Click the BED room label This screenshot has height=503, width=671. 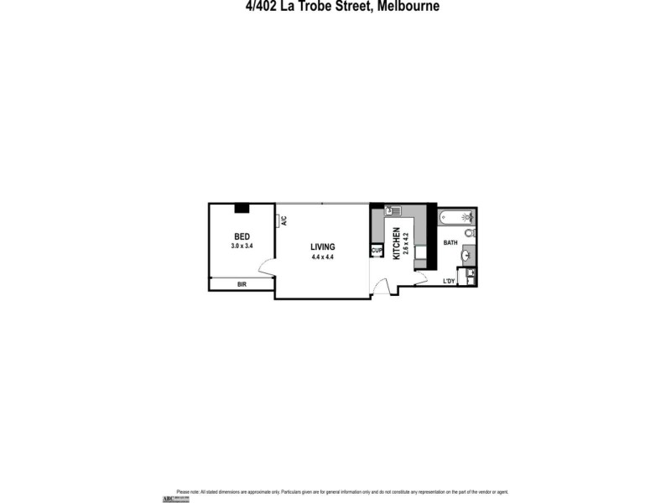tap(242, 236)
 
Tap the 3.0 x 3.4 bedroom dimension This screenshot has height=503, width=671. tap(242, 246)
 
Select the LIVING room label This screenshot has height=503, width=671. tap(322, 246)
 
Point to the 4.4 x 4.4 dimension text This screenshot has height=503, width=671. tap(322, 257)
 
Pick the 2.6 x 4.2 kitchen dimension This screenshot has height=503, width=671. tap(407, 249)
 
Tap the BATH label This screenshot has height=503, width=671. tap(450, 243)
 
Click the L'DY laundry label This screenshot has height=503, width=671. tap(449, 281)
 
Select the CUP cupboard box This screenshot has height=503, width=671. tap(377, 250)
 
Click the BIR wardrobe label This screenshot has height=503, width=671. tap(242, 285)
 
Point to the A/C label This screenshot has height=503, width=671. tap(284, 221)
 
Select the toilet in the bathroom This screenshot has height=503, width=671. tap(471, 232)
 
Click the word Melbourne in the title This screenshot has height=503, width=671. tap(402, 7)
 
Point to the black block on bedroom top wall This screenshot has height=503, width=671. tap(242, 207)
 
